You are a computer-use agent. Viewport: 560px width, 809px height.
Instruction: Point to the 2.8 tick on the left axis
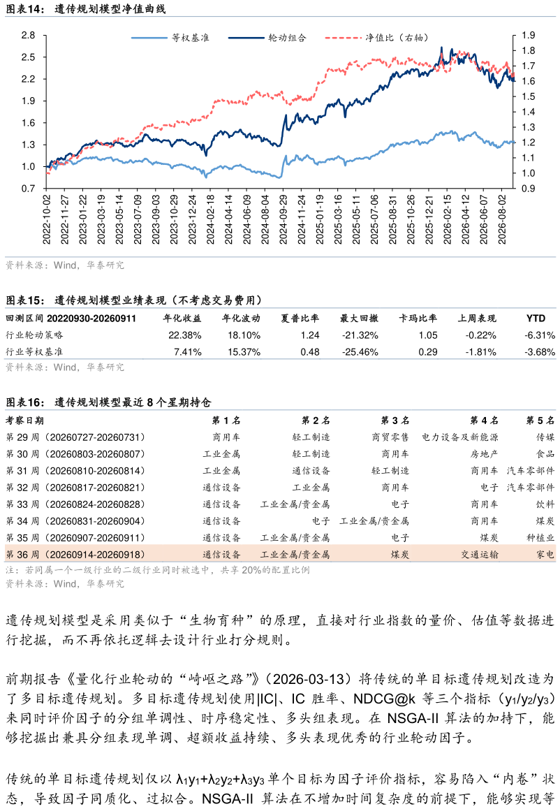pyautogui.click(x=29, y=35)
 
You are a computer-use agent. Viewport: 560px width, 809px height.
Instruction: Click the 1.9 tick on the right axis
pyautogui.click(x=528, y=35)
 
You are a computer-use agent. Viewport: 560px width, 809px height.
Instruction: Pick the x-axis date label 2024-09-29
pyautogui.click(x=283, y=219)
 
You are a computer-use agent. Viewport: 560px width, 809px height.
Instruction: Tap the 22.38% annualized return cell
pyautogui.click(x=184, y=335)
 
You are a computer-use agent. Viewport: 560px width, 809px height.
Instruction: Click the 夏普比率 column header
pyautogui.click(x=300, y=319)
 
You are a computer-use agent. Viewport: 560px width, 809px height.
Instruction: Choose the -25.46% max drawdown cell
pyautogui.click(x=360, y=352)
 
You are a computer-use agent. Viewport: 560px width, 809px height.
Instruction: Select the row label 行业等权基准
pyautogui.click(x=34, y=352)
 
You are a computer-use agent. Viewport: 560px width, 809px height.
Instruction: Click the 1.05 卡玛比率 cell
pyautogui.click(x=428, y=335)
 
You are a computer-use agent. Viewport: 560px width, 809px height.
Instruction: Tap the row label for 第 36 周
pyautogui.click(x=75, y=555)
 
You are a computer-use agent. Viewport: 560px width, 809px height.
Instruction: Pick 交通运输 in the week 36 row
pyautogui.click(x=480, y=555)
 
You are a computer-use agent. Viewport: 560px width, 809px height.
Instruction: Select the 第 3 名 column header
pyautogui.click(x=395, y=421)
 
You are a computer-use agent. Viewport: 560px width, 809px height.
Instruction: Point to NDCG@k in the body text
pyautogui.click(x=384, y=699)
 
